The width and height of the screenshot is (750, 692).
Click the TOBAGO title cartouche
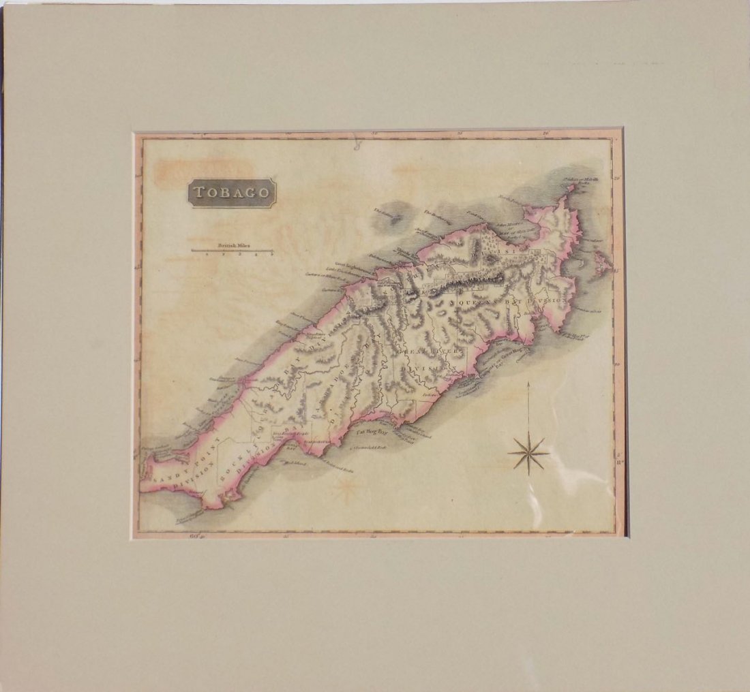tap(232, 193)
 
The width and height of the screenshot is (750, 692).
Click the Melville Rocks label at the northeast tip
tap(580, 181)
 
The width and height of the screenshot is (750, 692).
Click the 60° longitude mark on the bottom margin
tap(196, 536)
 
